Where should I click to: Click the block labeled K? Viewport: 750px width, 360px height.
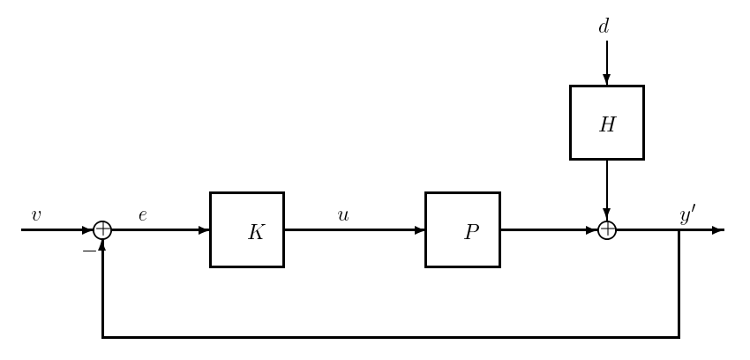246,229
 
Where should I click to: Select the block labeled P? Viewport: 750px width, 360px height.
462,229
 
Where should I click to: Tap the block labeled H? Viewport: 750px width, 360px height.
606,123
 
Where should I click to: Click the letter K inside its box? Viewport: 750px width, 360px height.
256,233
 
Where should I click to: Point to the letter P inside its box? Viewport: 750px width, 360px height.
471,233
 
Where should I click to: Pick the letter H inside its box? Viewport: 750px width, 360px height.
607,125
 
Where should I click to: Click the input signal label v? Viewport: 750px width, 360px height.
36,215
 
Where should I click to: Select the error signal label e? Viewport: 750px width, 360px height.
142,215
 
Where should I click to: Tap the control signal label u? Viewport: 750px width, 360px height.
343,215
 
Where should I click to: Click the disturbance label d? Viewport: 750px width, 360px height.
604,27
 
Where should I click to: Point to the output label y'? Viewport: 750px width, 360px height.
687,214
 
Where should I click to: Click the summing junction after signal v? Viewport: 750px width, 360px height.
102,230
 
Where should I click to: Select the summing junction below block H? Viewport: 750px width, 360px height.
606,230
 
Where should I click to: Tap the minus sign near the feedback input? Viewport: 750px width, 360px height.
88,251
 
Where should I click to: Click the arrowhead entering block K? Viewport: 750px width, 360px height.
204,230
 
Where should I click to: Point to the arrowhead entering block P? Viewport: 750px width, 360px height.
419,230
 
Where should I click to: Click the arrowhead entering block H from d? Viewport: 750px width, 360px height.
606,79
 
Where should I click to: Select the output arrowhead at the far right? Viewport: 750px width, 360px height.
717,230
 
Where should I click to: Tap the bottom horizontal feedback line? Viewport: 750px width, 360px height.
388,337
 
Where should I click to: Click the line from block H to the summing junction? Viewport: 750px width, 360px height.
606,185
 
